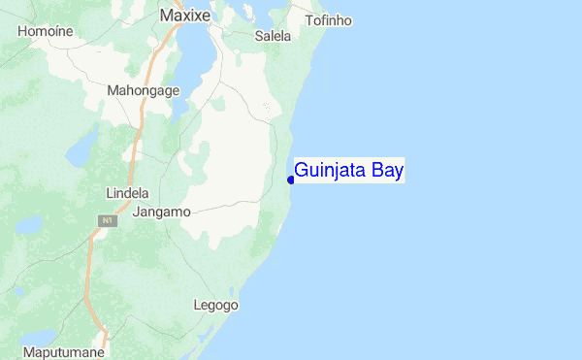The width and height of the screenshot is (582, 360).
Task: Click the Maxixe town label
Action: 185,16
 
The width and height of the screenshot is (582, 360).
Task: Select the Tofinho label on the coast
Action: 328,20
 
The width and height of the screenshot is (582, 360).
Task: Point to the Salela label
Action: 273,36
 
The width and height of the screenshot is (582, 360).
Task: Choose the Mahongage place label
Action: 144,91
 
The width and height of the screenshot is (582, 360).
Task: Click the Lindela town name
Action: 127,193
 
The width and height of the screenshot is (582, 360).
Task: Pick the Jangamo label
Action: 162,211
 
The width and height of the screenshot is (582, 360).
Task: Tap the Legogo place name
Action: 215,305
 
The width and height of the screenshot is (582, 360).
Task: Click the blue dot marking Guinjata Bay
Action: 291,180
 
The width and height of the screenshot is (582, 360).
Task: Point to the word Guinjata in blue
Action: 329,172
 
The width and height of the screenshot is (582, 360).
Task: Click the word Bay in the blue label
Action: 386,172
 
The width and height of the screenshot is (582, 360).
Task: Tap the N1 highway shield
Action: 102,222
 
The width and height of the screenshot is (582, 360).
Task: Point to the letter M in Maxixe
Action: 166,16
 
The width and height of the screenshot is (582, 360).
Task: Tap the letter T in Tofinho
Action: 308,20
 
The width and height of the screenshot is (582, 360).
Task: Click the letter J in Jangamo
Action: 137,211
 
